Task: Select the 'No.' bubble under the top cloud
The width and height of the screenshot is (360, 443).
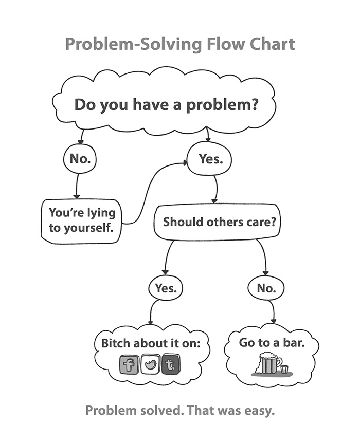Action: tap(80, 159)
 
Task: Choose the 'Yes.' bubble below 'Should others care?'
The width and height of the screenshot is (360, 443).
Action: tap(166, 288)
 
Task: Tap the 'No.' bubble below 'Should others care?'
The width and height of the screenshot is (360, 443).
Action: tap(266, 288)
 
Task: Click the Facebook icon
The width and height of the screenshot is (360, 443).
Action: tap(130, 365)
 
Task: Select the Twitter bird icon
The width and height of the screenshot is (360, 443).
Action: tap(151, 364)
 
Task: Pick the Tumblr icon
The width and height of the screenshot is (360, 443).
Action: tap(171, 365)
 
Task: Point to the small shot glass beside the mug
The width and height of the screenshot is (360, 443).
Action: tap(284, 370)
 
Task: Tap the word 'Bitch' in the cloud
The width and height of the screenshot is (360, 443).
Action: tap(116, 343)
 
